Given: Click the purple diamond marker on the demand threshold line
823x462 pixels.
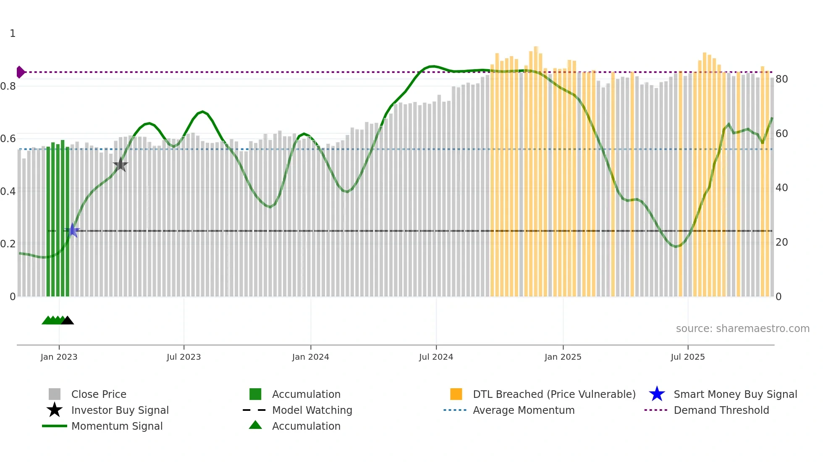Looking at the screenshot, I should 20,72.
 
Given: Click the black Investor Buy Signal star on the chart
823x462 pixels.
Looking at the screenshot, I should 121,165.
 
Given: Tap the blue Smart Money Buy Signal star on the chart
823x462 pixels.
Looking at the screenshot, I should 72,230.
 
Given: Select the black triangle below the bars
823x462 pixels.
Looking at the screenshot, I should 68,320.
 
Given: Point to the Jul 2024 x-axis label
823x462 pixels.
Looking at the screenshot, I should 436,357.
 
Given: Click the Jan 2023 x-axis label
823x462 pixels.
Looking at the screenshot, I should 59,357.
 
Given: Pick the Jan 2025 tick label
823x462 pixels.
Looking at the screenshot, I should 563,357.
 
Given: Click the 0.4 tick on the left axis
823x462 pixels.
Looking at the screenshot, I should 8,192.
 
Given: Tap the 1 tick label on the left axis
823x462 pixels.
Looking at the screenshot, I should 13,34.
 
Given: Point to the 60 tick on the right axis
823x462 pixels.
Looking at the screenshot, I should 781,134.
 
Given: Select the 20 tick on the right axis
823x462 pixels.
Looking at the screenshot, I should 781,242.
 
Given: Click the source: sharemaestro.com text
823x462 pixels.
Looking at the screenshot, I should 742,328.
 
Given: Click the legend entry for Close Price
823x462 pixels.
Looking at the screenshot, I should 99,394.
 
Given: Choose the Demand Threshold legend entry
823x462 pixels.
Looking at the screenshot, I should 721,410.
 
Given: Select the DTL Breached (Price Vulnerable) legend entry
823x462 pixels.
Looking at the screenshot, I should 554,394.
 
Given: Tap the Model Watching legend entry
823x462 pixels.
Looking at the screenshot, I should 312,410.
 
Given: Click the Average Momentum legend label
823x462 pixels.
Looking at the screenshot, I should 524,410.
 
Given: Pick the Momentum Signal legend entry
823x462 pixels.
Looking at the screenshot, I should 117,426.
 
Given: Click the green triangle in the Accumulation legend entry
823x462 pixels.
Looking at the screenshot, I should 255,425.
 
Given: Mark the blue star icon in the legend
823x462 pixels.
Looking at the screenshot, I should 657,394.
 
